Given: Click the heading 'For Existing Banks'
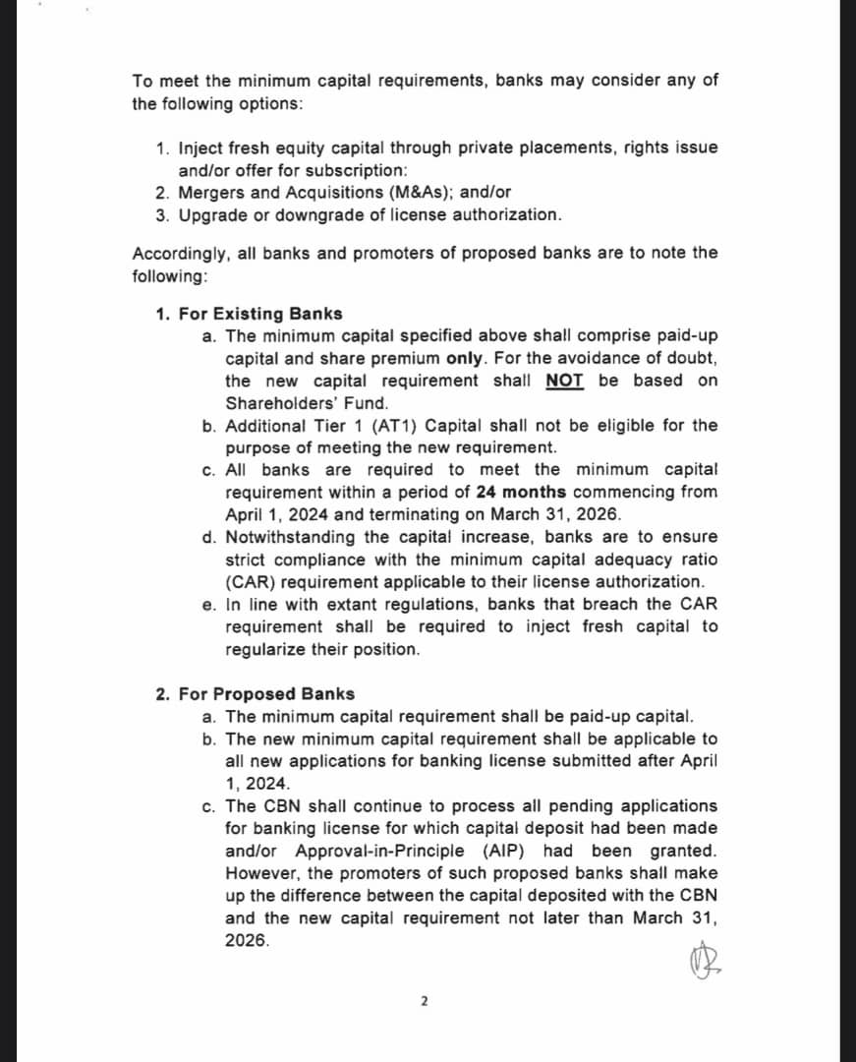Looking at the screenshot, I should pos(260,314).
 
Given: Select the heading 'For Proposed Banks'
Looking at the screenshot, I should pos(266,694).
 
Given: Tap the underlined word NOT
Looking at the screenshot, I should pos(564,381).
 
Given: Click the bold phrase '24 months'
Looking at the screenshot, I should pos(521,492).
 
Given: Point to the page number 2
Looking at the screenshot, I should pos(424,1002).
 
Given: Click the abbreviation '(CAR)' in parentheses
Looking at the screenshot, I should pos(251,582).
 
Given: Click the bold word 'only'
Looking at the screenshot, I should pos(466,358).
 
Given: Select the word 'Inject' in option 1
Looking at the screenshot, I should pos(200,147).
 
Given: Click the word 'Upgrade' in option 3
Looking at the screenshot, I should pos(211,214).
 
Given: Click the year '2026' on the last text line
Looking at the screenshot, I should pos(247,940).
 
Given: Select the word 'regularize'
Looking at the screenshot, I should pos(265,649).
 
